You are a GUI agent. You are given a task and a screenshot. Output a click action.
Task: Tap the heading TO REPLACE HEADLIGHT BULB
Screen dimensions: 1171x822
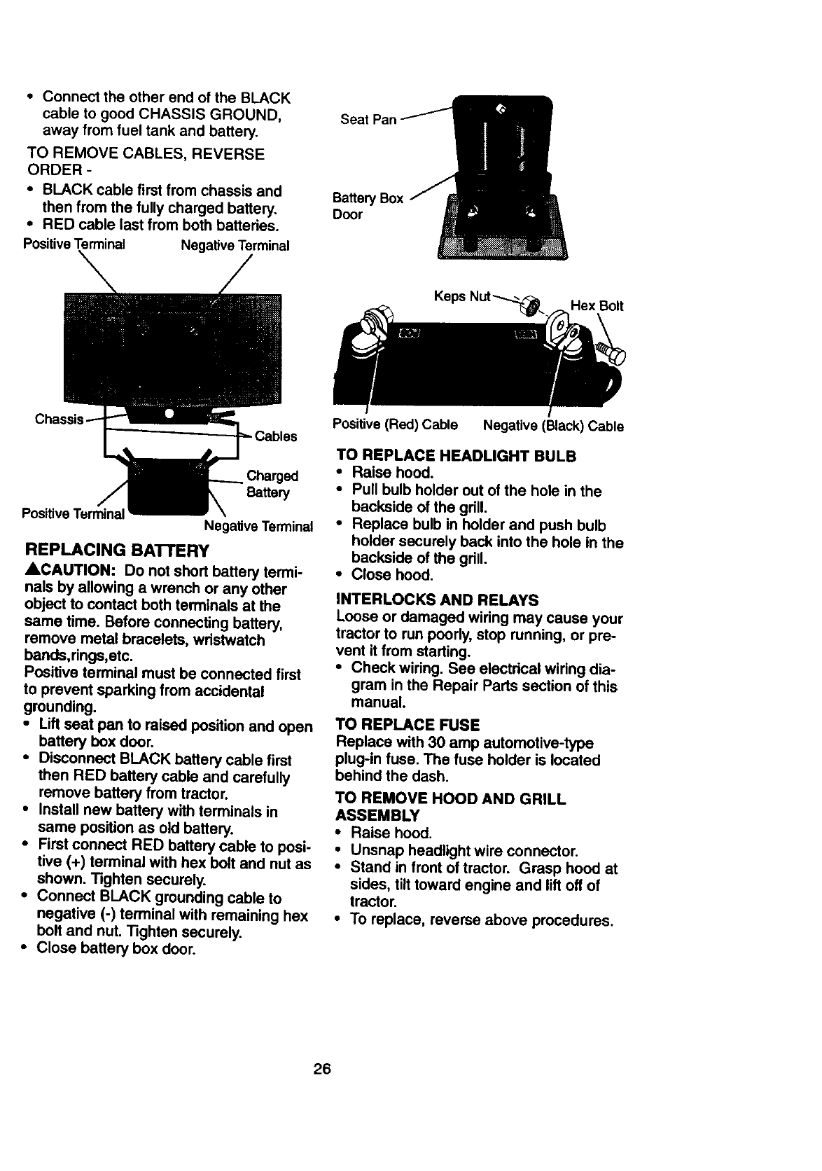pyautogui.click(x=456, y=455)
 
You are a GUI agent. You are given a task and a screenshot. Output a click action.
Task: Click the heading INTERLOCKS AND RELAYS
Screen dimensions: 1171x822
pyautogui.click(x=438, y=600)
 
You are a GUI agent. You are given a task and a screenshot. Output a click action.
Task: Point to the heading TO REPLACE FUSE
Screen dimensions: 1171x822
pyautogui.click(x=407, y=724)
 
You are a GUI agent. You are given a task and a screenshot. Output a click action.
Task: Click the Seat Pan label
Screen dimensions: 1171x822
pyautogui.click(x=368, y=120)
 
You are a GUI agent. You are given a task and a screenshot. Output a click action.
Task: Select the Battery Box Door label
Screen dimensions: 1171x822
pyautogui.click(x=368, y=206)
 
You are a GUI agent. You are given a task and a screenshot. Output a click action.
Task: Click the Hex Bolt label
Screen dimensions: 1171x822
pyautogui.click(x=597, y=306)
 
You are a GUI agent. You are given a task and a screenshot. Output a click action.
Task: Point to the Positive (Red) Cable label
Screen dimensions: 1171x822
pyautogui.click(x=395, y=425)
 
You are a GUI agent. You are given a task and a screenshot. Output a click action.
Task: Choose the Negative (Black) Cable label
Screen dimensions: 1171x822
pyautogui.click(x=553, y=426)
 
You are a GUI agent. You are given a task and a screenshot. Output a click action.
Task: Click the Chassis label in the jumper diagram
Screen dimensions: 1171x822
pyautogui.click(x=60, y=420)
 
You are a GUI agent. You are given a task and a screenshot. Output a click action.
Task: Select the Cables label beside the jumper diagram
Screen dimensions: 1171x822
pyautogui.click(x=276, y=437)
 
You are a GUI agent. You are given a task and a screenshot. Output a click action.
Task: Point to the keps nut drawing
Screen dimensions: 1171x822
pyautogui.click(x=532, y=306)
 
